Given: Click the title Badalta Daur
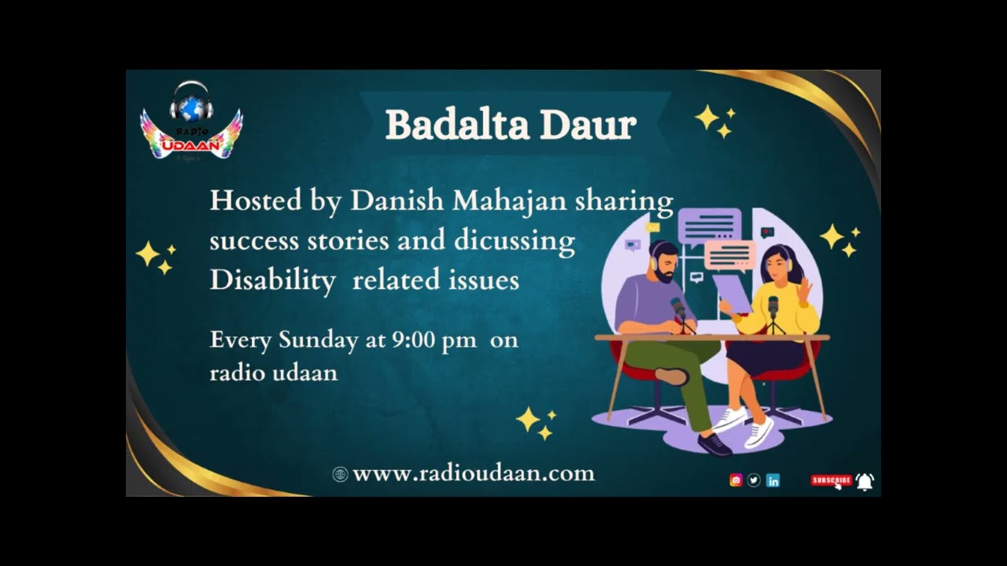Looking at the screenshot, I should click(x=511, y=125).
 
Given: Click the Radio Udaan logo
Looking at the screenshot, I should click(x=191, y=122).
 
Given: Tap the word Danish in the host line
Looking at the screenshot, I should click(x=397, y=200).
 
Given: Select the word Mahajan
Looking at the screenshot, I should click(x=508, y=201).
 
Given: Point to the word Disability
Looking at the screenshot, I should click(x=272, y=281).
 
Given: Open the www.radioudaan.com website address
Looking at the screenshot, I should click(x=473, y=473).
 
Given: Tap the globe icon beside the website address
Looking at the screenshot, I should click(x=340, y=474).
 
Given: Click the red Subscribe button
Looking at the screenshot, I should click(x=831, y=480).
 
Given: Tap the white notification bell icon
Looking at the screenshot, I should click(x=865, y=481).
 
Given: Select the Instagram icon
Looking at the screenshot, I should click(x=736, y=480).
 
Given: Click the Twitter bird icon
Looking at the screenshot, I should click(x=754, y=480).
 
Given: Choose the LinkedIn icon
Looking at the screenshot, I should click(x=773, y=480).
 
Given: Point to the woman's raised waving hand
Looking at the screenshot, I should click(x=804, y=289).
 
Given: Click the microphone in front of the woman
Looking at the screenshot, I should click(x=773, y=306).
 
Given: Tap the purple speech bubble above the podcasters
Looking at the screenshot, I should click(x=710, y=226).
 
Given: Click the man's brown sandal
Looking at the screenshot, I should click(x=673, y=377).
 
